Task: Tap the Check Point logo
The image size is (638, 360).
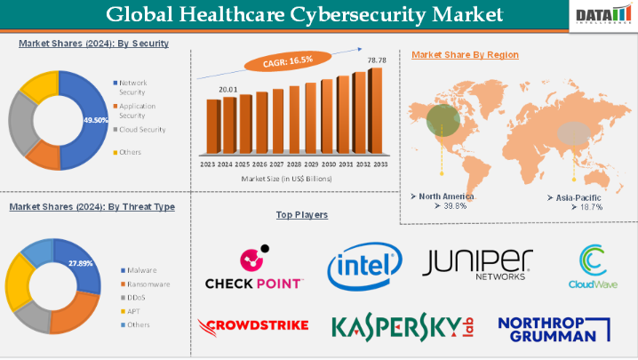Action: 253,268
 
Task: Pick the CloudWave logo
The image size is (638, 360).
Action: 593,268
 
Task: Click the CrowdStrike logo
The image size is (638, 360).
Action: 254,325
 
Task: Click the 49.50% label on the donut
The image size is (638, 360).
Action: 94,119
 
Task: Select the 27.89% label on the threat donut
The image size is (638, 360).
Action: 81,264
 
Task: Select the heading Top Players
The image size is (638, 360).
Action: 302,215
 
